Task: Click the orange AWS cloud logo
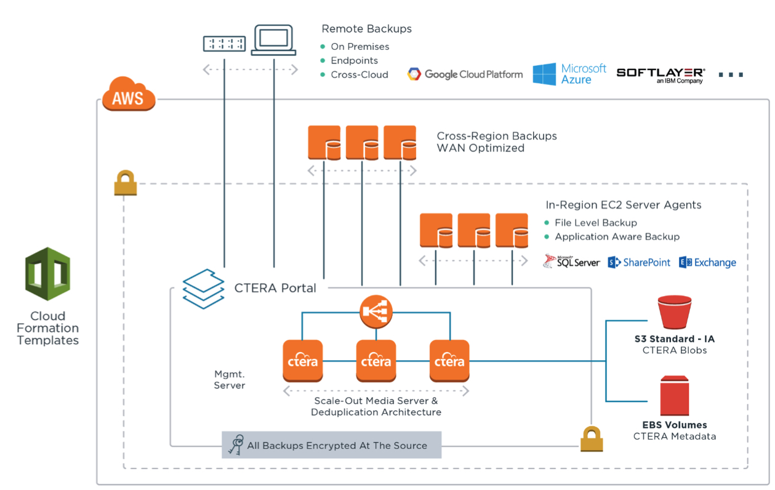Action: (x=128, y=94)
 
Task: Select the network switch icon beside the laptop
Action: (x=225, y=43)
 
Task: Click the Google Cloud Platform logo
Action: (x=465, y=74)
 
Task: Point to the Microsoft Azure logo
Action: (x=569, y=74)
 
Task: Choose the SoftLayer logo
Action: (x=661, y=75)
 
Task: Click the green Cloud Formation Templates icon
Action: (x=47, y=274)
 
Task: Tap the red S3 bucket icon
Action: (x=675, y=312)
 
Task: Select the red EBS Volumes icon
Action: (x=675, y=396)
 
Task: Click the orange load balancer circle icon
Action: (x=375, y=311)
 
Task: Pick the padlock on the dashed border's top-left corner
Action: (x=125, y=183)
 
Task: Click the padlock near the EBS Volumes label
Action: (x=591, y=440)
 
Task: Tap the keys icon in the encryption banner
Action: (x=235, y=444)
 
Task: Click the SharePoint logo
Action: (x=639, y=262)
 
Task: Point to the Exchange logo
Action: (x=707, y=262)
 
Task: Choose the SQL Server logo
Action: (x=571, y=262)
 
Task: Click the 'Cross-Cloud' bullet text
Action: (x=359, y=74)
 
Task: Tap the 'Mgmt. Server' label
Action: (x=230, y=379)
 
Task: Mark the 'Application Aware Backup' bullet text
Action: (x=617, y=236)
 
